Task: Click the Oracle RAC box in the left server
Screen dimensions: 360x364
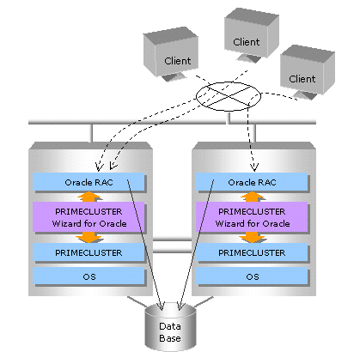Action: (88, 182)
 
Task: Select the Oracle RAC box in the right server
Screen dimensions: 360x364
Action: (252, 182)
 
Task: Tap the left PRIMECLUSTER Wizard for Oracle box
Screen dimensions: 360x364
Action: (88, 216)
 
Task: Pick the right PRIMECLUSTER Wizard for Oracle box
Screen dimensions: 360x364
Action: (252, 216)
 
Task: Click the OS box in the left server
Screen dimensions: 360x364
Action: (88, 276)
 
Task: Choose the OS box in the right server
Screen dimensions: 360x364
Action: (252, 276)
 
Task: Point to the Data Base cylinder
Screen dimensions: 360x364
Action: (170, 327)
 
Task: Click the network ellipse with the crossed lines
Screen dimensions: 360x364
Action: (229, 96)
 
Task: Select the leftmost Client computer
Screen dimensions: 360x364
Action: (171, 53)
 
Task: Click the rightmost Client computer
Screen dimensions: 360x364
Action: (308, 72)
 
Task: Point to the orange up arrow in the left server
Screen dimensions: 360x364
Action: (89, 197)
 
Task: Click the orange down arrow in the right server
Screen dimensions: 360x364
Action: (253, 237)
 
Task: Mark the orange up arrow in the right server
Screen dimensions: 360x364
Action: (253, 197)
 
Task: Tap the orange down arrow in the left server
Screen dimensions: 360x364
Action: (89, 237)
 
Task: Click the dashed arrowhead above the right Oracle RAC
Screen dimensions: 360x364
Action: (254, 167)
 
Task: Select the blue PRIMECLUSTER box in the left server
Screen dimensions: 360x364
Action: (88, 252)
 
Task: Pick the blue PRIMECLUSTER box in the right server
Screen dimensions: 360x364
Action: (252, 252)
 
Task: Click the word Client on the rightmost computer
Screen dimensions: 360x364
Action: (302, 79)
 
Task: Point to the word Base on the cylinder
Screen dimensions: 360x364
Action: (170, 338)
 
